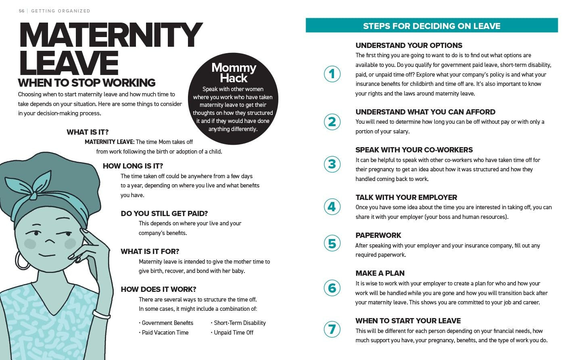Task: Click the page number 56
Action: click(x=21, y=11)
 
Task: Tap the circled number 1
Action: click(x=332, y=74)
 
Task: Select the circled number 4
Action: click(x=332, y=207)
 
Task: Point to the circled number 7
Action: click(x=332, y=329)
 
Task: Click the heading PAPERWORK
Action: click(x=378, y=235)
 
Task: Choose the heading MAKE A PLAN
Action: click(x=380, y=273)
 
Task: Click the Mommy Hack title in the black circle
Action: click(x=234, y=73)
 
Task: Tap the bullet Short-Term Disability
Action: click(x=240, y=323)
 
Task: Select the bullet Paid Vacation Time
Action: click(x=165, y=333)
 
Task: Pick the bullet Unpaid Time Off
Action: click(x=234, y=333)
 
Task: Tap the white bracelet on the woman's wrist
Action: click(x=101, y=314)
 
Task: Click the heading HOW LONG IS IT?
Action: click(x=133, y=166)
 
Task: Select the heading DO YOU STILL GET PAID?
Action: click(x=164, y=214)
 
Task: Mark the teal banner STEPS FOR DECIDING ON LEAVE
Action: click(x=432, y=26)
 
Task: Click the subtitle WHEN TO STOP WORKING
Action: click(x=87, y=83)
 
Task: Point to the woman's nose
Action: click(x=49, y=241)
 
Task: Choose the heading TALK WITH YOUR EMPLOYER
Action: click(x=406, y=198)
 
